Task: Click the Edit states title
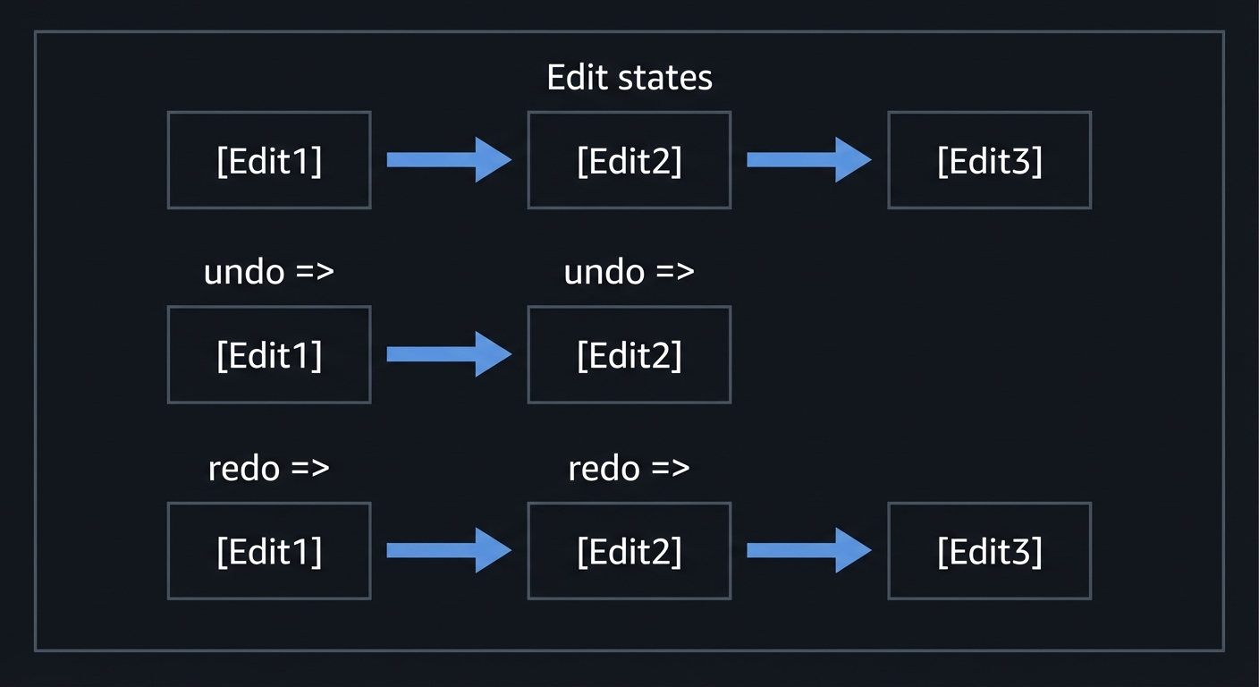(x=629, y=78)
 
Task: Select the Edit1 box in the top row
(x=269, y=160)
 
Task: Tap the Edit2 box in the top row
(x=629, y=160)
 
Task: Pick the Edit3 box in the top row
(x=989, y=160)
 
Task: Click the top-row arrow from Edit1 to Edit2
(x=448, y=160)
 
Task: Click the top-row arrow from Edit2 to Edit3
(x=808, y=160)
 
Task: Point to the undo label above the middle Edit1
(x=269, y=271)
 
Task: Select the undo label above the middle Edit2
(x=629, y=271)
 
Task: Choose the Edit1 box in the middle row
(x=269, y=355)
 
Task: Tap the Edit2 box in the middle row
(x=629, y=355)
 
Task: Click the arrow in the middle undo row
(x=448, y=355)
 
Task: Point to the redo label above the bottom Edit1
(x=269, y=468)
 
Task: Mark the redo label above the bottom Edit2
(x=629, y=468)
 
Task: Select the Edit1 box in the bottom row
(x=269, y=550)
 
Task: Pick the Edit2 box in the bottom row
(x=629, y=550)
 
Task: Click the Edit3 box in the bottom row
(x=989, y=550)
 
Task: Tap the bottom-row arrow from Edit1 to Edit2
(x=448, y=550)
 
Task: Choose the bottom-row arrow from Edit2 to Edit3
(x=808, y=550)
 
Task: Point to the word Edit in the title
(x=577, y=78)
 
